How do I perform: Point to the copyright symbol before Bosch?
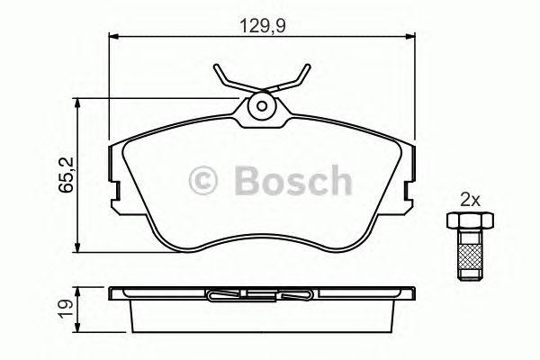tap(204, 181)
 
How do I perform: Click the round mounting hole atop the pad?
tap(262, 105)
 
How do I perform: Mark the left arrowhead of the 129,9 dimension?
tap(112, 37)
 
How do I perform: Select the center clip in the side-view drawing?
tap(261, 293)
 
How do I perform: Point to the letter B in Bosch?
tap(247, 180)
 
